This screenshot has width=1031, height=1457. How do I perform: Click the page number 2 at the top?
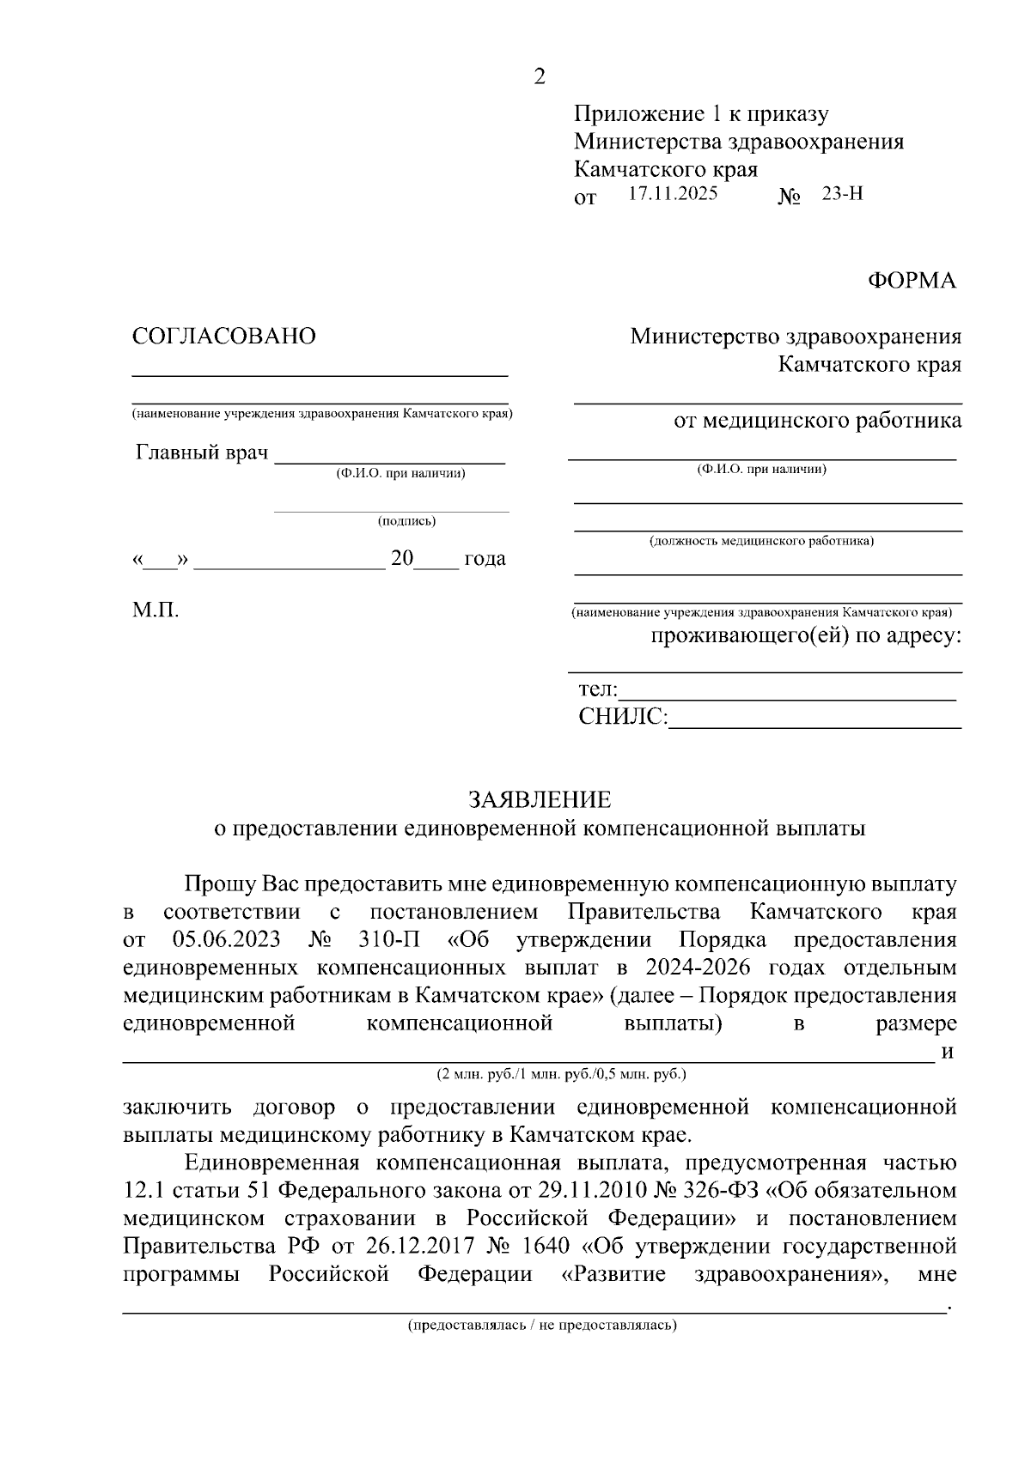540,77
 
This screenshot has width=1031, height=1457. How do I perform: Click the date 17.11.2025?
673,194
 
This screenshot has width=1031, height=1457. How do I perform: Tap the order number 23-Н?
842,194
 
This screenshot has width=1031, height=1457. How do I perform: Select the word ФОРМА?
912,281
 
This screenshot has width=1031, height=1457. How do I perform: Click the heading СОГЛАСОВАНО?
223,337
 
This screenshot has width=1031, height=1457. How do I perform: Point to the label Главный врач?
202,452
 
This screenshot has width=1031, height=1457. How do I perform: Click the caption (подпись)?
406,521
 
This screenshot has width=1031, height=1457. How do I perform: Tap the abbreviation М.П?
156,610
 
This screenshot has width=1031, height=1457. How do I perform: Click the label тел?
597,689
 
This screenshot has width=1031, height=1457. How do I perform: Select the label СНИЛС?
622,717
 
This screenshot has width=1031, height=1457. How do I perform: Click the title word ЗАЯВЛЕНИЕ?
540,800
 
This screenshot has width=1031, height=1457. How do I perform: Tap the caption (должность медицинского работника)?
761,542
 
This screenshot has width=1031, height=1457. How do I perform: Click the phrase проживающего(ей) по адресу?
805,637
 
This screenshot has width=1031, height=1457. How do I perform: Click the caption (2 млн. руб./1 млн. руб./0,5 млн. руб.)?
562,1074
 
